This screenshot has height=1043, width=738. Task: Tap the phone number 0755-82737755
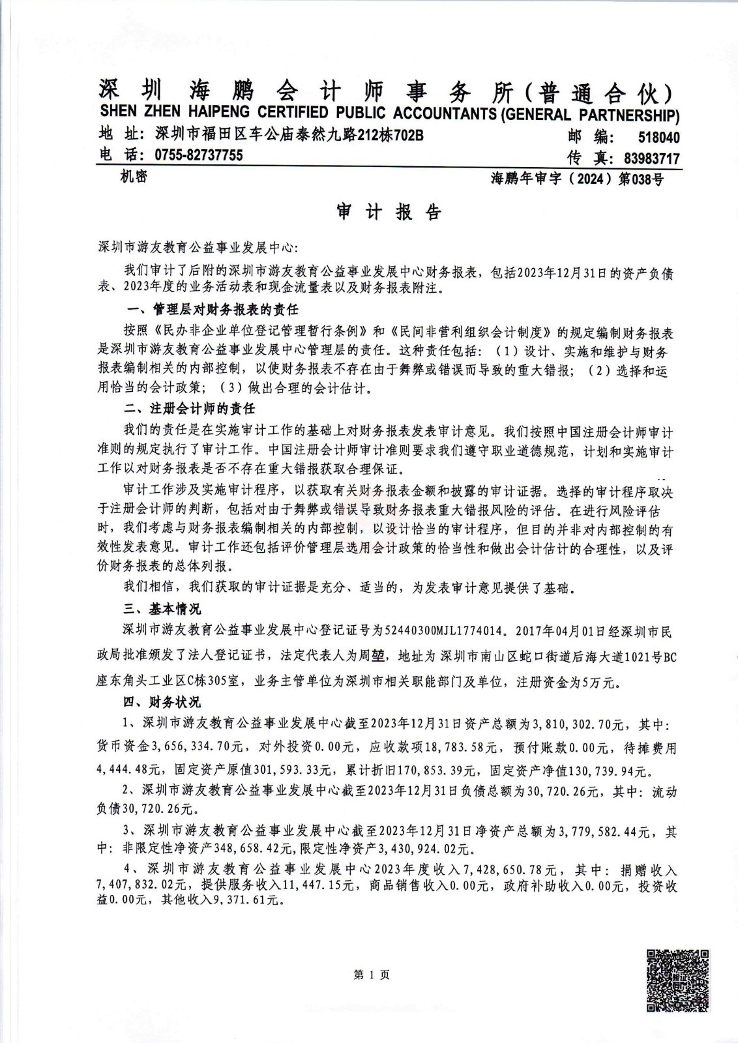pyautogui.click(x=198, y=155)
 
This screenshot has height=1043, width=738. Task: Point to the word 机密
pyautogui.click(x=133, y=177)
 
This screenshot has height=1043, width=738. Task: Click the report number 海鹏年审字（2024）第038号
pyautogui.click(x=577, y=179)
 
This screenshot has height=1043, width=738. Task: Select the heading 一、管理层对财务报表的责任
pyautogui.click(x=211, y=309)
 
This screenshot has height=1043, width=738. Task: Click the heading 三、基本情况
pyautogui.click(x=162, y=609)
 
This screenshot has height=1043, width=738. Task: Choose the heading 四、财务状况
pyautogui.click(x=162, y=702)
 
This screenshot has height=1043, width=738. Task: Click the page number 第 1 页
pyautogui.click(x=371, y=975)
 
